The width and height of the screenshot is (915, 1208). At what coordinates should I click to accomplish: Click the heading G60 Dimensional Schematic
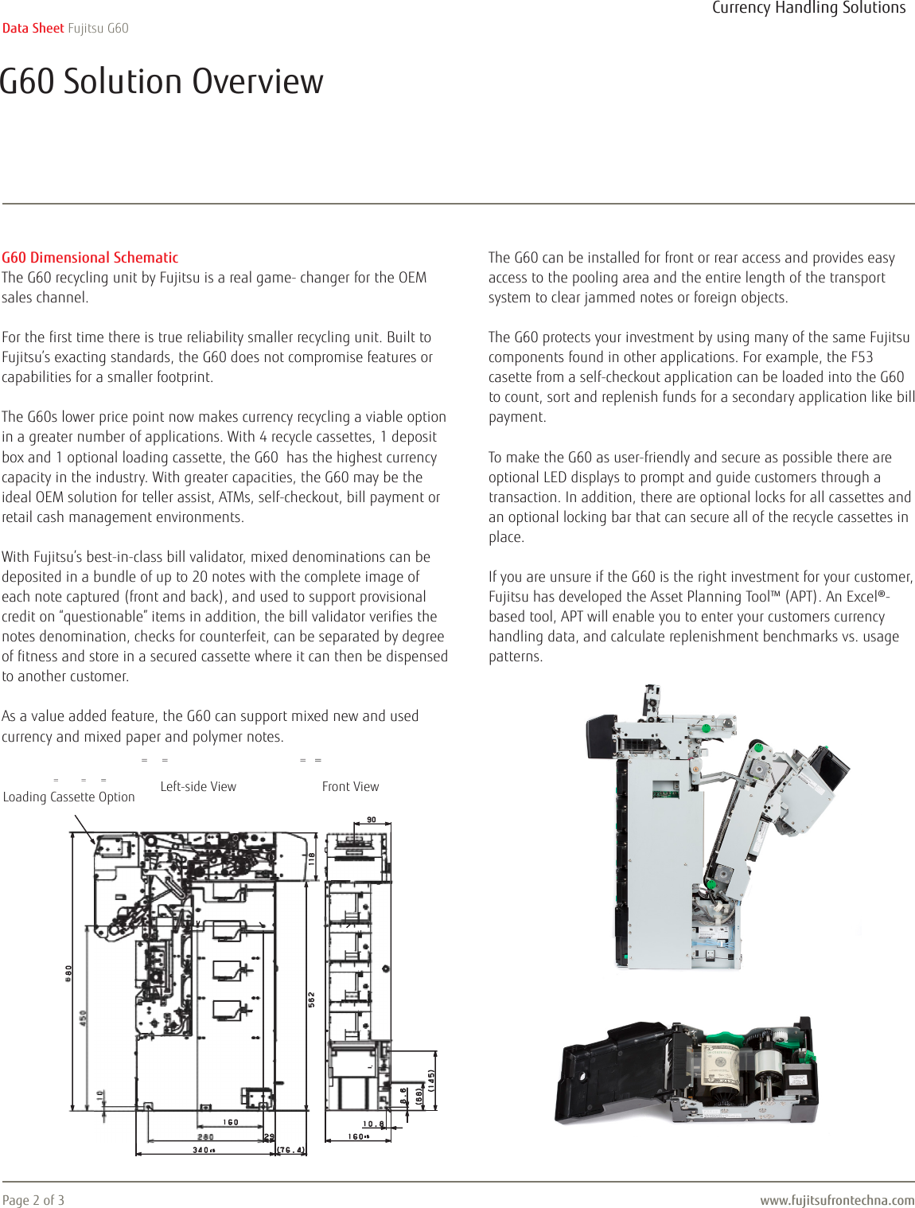90,257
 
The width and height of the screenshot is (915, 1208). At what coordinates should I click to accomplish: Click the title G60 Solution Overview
162,81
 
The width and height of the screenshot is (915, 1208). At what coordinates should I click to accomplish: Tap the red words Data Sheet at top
33,28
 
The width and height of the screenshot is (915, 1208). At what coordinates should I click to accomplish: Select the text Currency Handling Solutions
808,8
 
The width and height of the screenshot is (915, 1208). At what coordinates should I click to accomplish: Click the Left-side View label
198,786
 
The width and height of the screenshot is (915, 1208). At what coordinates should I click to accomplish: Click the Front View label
350,786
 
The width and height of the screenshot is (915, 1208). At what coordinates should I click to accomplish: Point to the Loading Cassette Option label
69,797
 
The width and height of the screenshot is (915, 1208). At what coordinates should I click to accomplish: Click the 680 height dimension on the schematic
69,972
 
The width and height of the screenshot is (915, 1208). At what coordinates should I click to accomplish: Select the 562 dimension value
312,1000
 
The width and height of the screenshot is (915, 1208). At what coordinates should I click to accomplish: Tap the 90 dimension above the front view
372,820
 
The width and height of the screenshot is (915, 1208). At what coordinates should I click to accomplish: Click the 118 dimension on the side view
312,859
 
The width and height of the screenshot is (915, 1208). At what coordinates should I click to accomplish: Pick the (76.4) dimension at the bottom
291,1150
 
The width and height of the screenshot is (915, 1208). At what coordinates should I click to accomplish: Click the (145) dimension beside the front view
431,1080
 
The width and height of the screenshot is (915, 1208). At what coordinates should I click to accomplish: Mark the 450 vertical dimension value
83,1018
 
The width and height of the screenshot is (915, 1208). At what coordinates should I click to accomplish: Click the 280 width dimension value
205,1137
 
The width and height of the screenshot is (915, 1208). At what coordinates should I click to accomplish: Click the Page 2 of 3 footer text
33,1199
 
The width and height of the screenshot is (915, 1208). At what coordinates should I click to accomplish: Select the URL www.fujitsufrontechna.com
837,1200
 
